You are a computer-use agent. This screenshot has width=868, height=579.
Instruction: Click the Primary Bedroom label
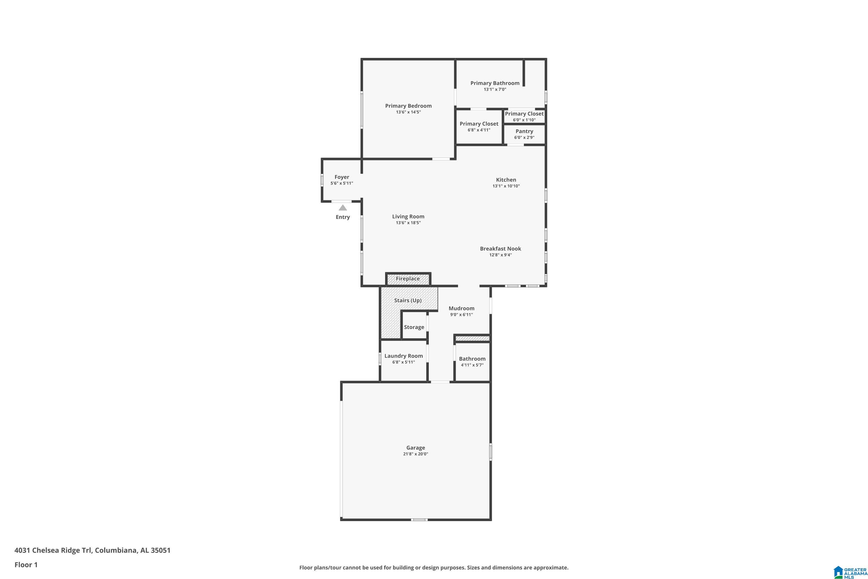[x=408, y=106]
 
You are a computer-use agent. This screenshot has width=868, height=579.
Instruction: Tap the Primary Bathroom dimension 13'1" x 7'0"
[x=495, y=89]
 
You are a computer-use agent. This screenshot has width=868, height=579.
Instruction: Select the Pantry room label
[x=524, y=131]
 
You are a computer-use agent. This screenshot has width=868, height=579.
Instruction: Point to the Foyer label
[x=342, y=177]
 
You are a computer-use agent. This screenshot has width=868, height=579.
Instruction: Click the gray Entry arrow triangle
[x=343, y=208]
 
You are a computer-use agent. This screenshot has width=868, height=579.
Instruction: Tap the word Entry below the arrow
[x=343, y=217]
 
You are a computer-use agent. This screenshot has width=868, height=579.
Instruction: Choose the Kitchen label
[x=506, y=180]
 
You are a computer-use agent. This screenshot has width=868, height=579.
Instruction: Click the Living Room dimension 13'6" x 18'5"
[x=408, y=223]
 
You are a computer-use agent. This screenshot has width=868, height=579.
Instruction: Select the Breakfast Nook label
[x=501, y=249]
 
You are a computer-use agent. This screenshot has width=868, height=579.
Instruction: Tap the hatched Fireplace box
[x=408, y=279]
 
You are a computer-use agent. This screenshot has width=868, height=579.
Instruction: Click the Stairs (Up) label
[x=408, y=301]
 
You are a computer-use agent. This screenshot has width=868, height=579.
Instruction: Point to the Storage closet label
[x=414, y=327]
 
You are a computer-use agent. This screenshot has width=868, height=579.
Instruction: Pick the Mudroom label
[x=461, y=308]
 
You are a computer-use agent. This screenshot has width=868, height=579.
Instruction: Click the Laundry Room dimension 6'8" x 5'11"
[x=403, y=362]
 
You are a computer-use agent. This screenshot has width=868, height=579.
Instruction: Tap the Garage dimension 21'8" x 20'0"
[x=415, y=454]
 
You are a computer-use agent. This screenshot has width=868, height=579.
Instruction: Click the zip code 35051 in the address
[x=161, y=550]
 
